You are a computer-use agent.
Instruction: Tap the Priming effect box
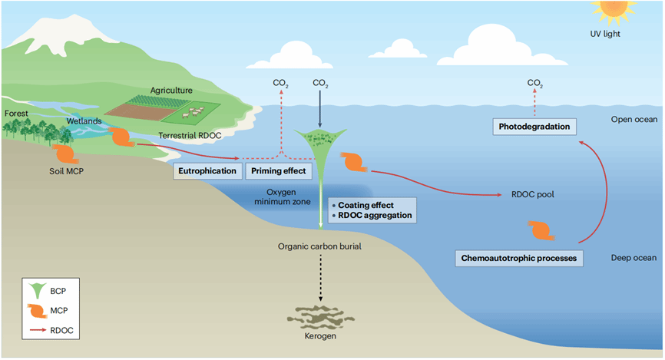click(279, 170)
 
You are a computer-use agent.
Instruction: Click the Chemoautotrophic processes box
click(520, 257)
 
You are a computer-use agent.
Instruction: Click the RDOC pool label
click(532, 195)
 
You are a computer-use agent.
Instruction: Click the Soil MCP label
click(61, 171)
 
